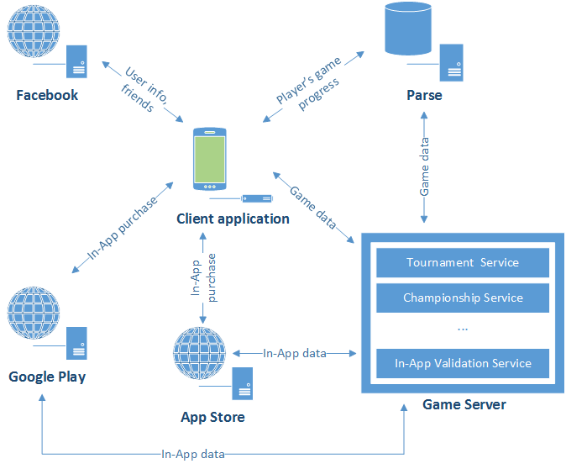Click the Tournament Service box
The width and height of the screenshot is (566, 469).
(x=463, y=262)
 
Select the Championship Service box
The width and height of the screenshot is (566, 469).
(x=463, y=298)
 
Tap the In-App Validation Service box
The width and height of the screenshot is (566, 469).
(x=463, y=363)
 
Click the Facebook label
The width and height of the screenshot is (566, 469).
(x=48, y=95)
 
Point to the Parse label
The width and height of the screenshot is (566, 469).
(x=424, y=95)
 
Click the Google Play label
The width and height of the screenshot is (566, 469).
(x=47, y=376)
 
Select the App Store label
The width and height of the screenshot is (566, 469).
(x=212, y=416)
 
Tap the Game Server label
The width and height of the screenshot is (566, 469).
(x=464, y=404)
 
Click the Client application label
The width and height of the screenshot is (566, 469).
(x=233, y=219)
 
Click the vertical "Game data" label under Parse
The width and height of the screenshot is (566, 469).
(x=424, y=166)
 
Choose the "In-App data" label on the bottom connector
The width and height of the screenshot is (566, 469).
(x=193, y=454)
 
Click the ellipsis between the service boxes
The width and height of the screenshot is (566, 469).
(x=463, y=328)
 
